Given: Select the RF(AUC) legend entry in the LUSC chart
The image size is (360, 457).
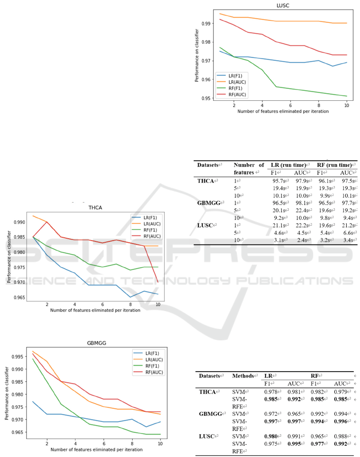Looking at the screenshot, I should coord(233,95).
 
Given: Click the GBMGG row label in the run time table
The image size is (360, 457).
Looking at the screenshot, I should coord(209,203).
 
